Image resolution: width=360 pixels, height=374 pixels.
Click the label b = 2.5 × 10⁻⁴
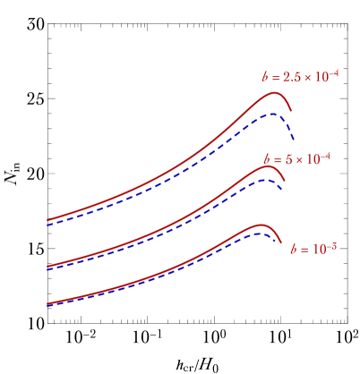coord(300,77)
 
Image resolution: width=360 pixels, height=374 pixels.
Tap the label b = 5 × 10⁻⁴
coord(297,159)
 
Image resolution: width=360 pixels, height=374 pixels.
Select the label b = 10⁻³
coord(313,249)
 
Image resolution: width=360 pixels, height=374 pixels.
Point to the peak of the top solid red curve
coord(276,92)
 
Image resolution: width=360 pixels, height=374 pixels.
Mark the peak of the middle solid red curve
coord(267,166)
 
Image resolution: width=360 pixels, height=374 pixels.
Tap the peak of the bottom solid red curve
coord(261,225)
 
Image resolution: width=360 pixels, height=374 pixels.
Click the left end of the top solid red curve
coord(47,220)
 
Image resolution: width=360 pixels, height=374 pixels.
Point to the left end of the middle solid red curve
coord(47,267)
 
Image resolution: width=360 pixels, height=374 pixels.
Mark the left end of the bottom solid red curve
coord(47,304)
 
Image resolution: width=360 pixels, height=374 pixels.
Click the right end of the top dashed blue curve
coord(295,140)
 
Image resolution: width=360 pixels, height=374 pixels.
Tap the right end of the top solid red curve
coord(291,110)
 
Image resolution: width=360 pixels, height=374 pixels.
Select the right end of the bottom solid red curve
coord(281,242)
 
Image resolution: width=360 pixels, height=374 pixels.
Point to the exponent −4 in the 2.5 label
coord(332,73)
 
